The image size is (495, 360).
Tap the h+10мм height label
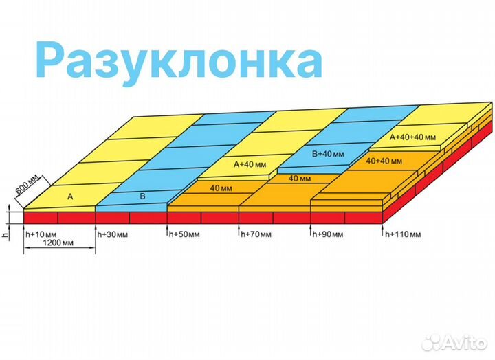40,234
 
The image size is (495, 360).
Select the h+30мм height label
111,234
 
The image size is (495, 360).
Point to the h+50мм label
184,234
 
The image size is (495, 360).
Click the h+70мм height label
256,234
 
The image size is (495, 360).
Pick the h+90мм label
328,234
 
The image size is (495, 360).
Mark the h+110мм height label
403,234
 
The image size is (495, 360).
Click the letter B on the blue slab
142,196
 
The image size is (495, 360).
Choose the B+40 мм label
329,154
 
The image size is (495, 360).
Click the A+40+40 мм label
412,137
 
